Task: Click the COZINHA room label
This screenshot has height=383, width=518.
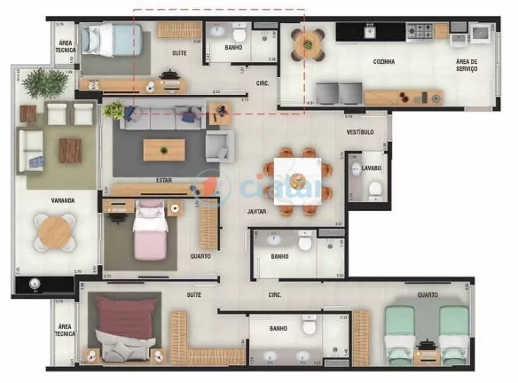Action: click(383, 62)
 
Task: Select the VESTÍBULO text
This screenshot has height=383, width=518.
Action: click(359, 132)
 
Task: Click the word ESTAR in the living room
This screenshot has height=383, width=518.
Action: click(163, 180)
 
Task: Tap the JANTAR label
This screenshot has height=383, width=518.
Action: click(257, 212)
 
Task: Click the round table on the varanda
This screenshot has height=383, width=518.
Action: click(54, 232)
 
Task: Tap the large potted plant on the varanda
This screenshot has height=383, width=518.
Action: click(45, 82)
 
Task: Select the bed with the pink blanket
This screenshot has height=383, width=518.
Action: click(150, 233)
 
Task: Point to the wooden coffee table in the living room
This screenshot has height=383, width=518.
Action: click(165, 148)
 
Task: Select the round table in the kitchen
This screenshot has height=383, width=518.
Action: click(308, 43)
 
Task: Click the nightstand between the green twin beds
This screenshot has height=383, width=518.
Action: click(426, 348)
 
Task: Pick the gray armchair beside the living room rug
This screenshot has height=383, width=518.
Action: click(217, 145)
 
